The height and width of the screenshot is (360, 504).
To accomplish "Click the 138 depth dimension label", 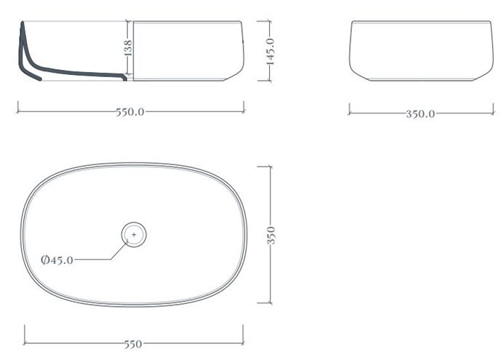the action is (x=128, y=48).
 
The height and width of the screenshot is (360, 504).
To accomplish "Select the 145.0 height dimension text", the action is (x=271, y=52).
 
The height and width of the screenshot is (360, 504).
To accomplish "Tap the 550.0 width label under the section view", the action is (x=130, y=112).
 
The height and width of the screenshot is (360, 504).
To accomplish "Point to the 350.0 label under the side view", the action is (x=420, y=114).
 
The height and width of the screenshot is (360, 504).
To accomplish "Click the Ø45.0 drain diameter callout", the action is (x=57, y=260).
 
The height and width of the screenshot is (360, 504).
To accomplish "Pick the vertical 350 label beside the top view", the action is (x=271, y=236).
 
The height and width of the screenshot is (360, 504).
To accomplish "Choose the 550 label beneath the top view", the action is (x=133, y=344).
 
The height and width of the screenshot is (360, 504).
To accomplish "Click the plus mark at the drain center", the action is (x=134, y=235).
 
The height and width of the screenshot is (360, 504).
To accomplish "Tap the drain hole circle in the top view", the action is (x=134, y=223).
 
